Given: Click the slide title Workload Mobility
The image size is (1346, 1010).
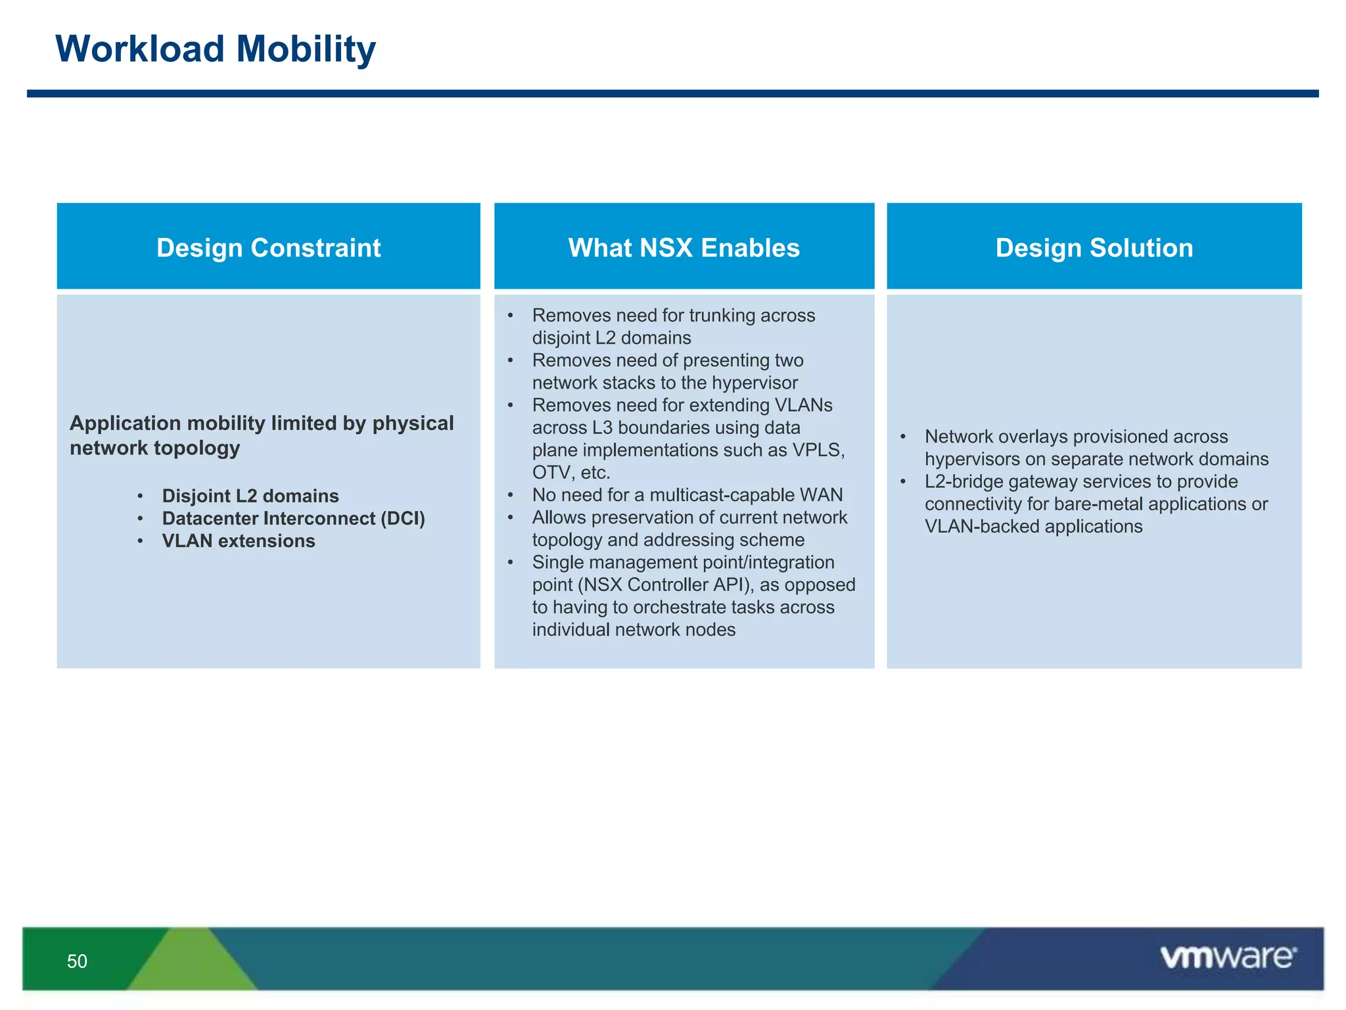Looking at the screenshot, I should point(216,49).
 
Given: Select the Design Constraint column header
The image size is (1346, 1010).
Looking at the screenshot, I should point(268,248).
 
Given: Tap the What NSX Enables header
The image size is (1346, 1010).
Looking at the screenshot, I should point(684,248).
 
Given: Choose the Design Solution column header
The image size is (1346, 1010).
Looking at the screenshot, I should point(1094,248).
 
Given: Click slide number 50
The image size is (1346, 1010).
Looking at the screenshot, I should point(77,961).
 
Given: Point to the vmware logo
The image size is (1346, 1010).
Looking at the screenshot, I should point(1228,957).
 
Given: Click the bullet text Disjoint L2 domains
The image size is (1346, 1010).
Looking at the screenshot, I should point(250,496).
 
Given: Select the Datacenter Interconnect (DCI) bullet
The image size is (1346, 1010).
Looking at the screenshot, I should point(293,518).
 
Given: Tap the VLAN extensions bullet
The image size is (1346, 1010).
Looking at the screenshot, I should point(239,541).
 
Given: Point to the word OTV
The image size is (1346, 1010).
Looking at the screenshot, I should point(551,472).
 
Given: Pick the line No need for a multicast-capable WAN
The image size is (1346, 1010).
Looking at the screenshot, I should point(687,494).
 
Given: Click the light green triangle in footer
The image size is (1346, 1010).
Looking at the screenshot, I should point(191,963).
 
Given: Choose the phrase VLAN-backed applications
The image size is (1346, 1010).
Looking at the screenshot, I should point(1033,526).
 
